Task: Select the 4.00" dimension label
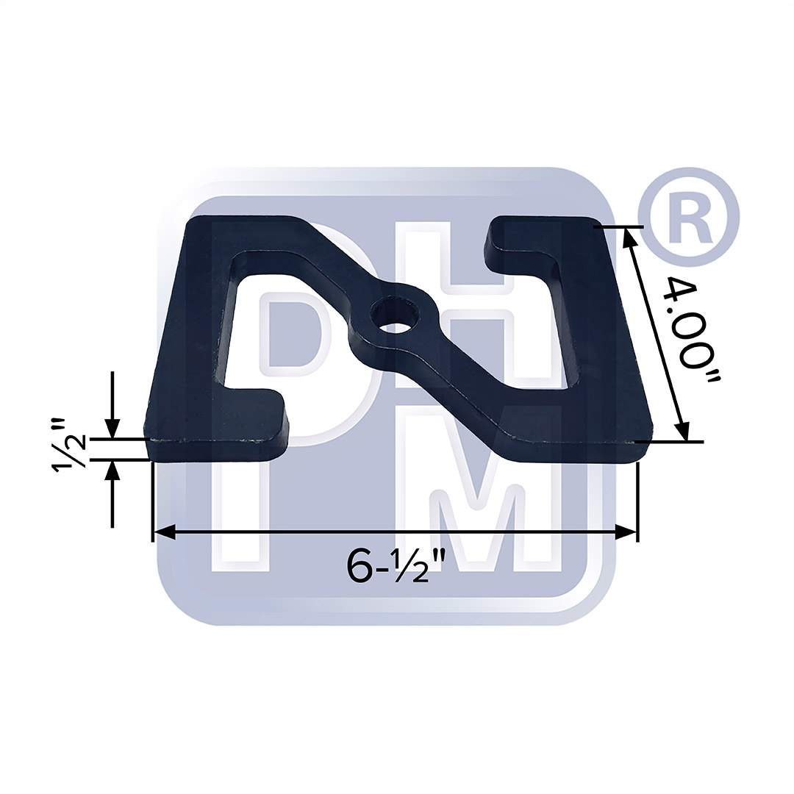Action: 691,328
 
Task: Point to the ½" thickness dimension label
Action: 71,448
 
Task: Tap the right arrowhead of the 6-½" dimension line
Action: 626,532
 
